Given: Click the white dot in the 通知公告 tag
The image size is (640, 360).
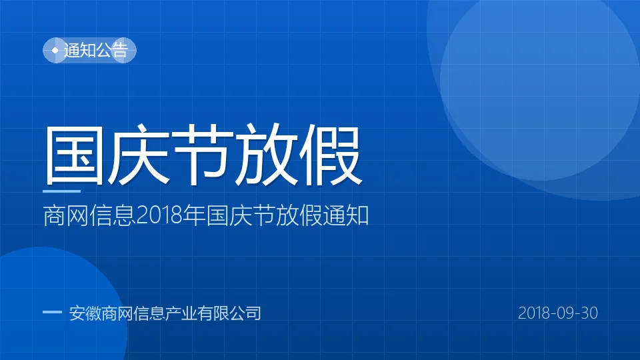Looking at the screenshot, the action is tap(55, 51).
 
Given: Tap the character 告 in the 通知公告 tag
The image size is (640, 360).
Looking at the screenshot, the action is tap(120, 50).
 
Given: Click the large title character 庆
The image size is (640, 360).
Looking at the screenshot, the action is tap(138, 155).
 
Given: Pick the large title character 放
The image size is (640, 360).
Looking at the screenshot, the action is tap(267, 155).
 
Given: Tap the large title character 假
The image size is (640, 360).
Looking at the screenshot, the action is tap(331, 155).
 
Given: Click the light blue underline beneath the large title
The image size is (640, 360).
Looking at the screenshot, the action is tap(61, 191).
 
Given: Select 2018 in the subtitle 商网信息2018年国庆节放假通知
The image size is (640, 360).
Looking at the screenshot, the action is tap(159, 215).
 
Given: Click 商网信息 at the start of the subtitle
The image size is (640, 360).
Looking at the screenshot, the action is tap(89, 215).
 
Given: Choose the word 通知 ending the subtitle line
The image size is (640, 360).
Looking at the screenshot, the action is tap(346, 215).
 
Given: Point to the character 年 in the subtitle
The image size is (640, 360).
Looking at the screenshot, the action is tap(194, 215).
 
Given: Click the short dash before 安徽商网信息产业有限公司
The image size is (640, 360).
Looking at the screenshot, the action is tap(52, 313).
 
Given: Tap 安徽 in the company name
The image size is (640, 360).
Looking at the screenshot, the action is tap(85, 313).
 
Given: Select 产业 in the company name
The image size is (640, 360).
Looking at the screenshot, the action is tap(181, 313).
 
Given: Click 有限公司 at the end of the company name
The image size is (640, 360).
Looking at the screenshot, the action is tap(229, 313).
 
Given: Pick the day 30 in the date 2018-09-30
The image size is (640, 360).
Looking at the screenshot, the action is tap(589, 313).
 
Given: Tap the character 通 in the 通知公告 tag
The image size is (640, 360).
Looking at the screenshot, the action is tap(72, 50).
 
